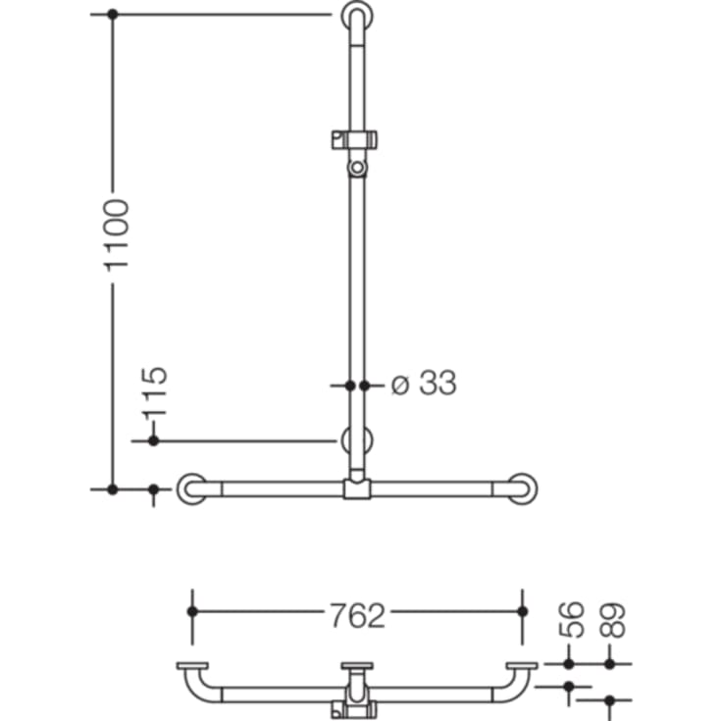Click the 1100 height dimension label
point(117,234)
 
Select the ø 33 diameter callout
point(424,384)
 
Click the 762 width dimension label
point(356,615)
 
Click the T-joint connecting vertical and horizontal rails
point(357,488)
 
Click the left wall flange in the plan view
point(192,668)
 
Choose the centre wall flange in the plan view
point(357,668)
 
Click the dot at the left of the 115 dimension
point(153,441)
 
